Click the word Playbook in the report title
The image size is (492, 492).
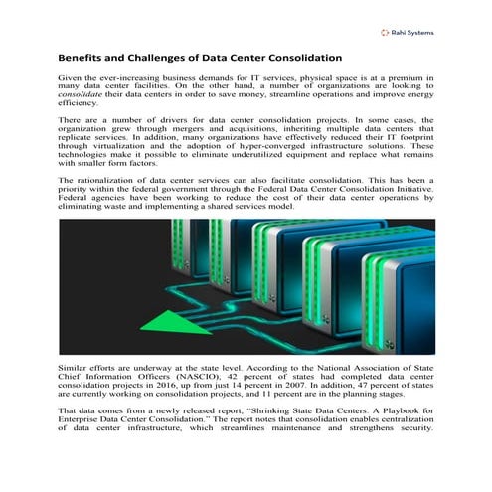click(395, 410)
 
